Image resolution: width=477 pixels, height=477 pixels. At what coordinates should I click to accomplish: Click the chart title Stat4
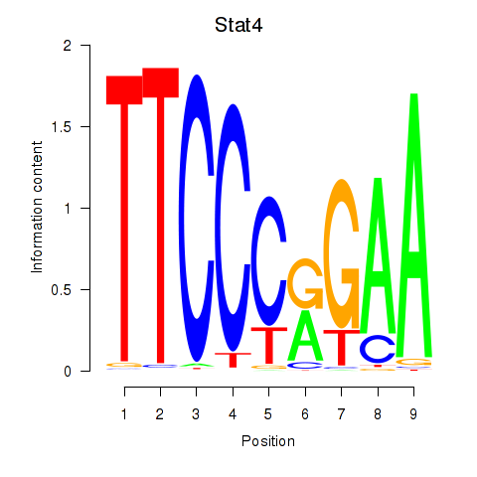click(238, 25)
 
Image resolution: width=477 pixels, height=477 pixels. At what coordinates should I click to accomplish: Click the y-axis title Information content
click(37, 207)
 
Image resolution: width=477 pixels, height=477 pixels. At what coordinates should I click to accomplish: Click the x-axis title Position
click(268, 441)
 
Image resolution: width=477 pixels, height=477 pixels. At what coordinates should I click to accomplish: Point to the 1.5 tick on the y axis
click(85, 126)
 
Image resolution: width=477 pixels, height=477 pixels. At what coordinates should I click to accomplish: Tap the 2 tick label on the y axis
click(68, 46)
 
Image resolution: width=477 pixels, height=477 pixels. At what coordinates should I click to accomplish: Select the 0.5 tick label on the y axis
click(62, 290)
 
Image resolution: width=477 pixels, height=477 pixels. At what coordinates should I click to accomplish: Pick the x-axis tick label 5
click(268, 414)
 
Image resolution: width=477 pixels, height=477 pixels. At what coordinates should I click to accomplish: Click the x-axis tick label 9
click(413, 414)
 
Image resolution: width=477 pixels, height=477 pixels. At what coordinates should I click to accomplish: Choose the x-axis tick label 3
click(196, 414)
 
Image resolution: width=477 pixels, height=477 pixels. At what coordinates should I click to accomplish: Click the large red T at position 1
click(124, 219)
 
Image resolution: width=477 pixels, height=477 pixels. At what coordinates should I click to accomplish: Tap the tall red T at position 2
click(161, 216)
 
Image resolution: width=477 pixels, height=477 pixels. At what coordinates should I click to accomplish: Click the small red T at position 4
click(233, 360)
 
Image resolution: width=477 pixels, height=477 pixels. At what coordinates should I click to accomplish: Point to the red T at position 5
click(269, 346)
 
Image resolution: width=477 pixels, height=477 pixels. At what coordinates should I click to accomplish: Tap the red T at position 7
click(342, 348)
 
